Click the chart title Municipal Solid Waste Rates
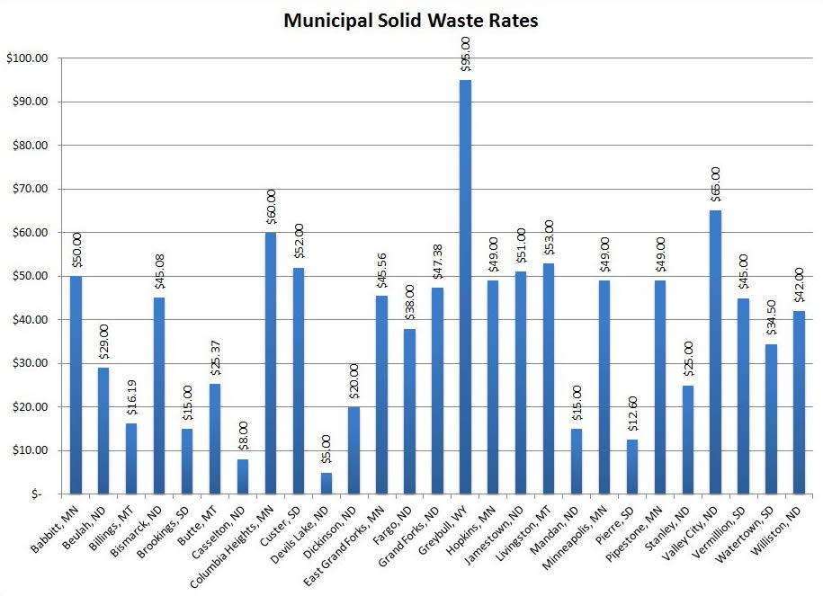411,20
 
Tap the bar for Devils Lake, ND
326,483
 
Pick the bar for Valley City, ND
715,351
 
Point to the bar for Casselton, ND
242,476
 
